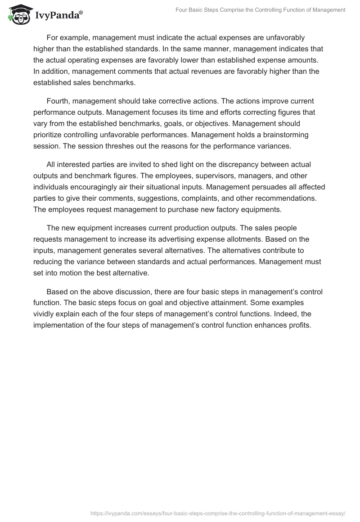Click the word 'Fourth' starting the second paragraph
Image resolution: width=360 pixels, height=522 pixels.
pos(58,101)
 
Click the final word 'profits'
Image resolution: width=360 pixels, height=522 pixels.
pos(298,325)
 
